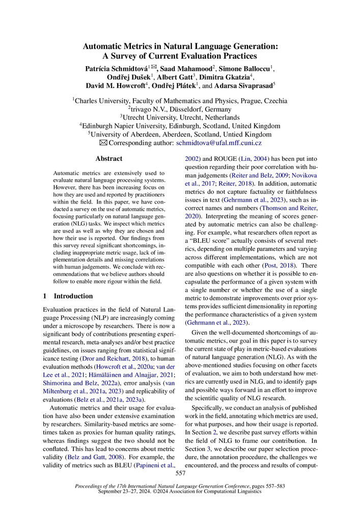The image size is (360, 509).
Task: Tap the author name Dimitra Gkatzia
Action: [x=221, y=77]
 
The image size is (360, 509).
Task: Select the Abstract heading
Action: [x=108, y=158]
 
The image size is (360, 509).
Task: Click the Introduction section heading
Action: [x=73, y=296]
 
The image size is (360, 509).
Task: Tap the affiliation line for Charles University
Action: [x=180, y=101]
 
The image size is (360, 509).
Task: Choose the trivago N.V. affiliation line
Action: [x=180, y=109]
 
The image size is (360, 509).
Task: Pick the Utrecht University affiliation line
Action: [x=180, y=118]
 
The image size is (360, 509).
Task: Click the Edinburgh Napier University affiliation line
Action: [x=180, y=126]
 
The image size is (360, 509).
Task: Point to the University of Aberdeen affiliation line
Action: [x=180, y=135]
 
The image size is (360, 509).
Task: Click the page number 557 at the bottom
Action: [x=180, y=473]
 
